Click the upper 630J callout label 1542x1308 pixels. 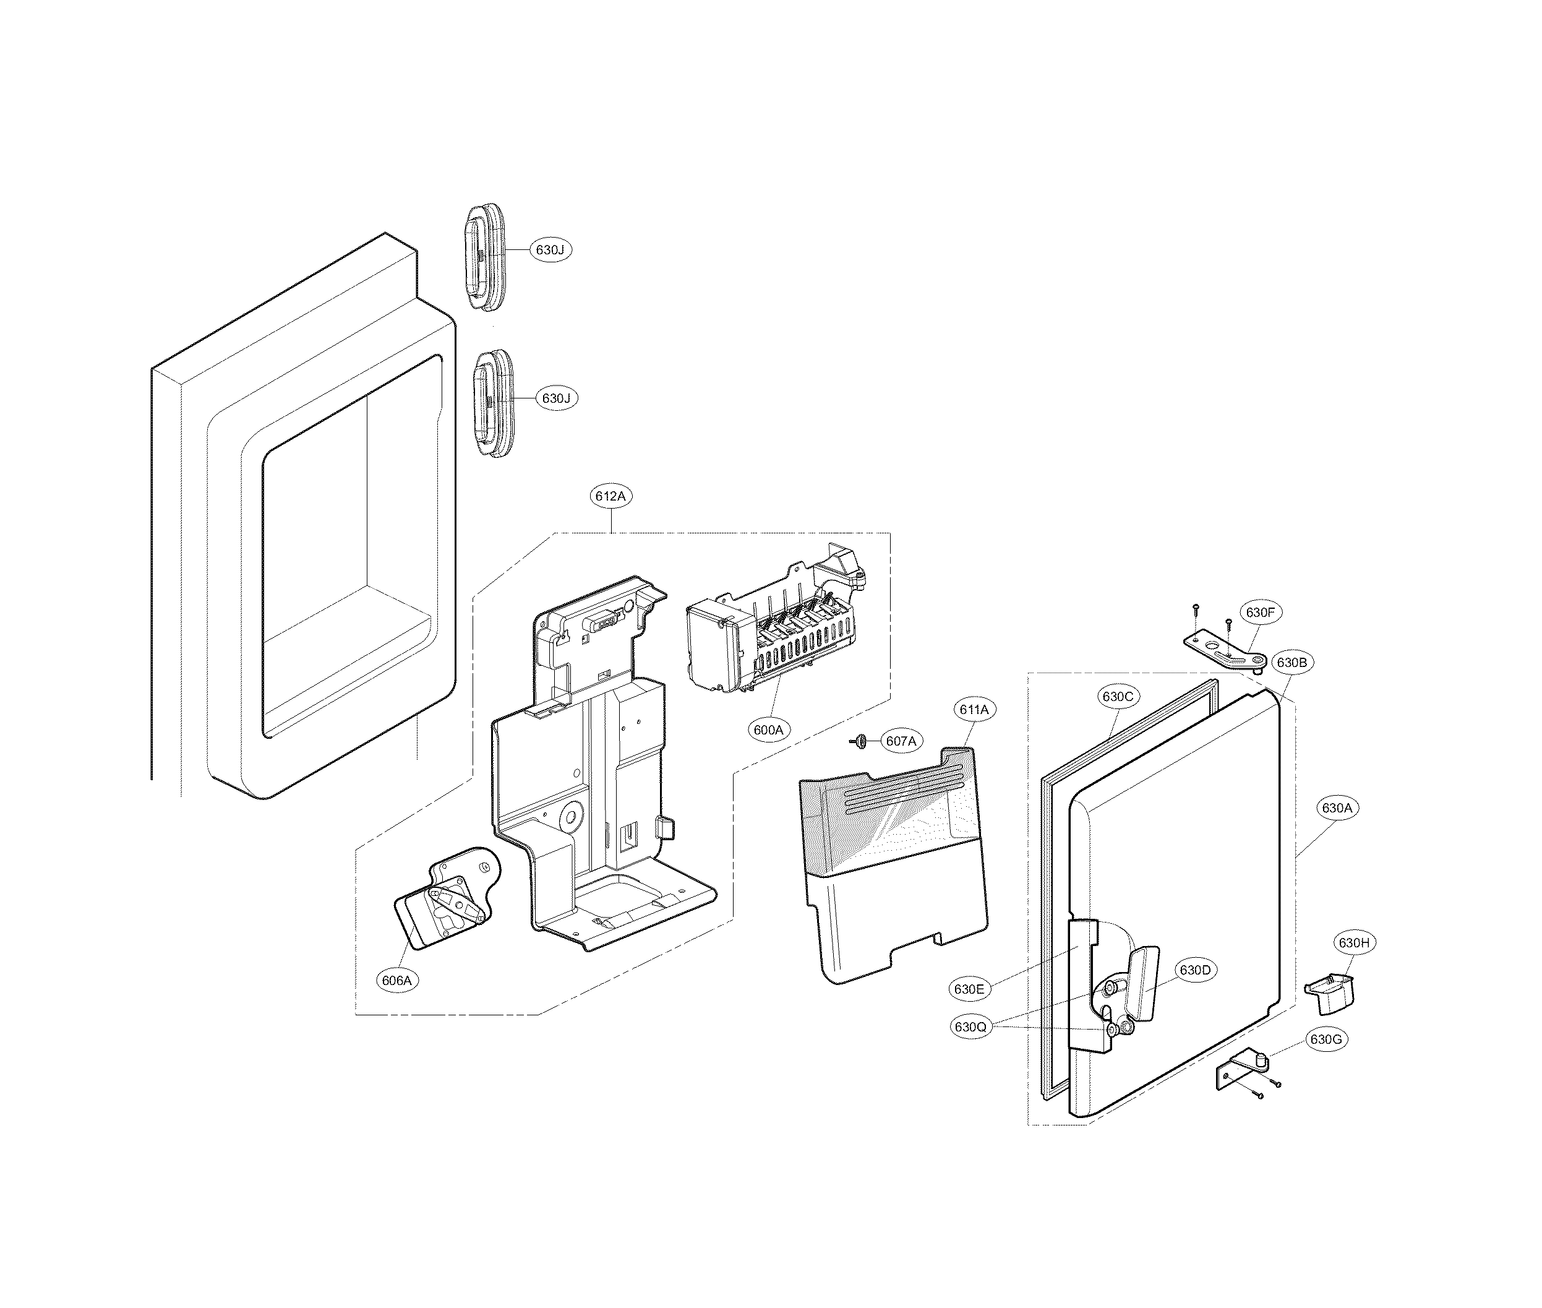tap(550, 250)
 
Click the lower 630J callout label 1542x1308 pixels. tap(556, 398)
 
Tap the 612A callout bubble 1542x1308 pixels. tap(611, 496)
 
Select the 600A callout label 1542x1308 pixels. tap(769, 729)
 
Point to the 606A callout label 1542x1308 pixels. tap(396, 980)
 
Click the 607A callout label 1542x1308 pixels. tap(901, 741)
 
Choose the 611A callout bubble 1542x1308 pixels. tap(974, 710)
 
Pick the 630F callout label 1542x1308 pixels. tap(1261, 613)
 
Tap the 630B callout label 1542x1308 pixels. tap(1292, 663)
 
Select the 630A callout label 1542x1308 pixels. tap(1337, 808)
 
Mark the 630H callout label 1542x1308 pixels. tap(1354, 943)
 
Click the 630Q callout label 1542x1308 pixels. tap(970, 1027)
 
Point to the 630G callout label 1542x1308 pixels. tap(1326, 1039)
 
